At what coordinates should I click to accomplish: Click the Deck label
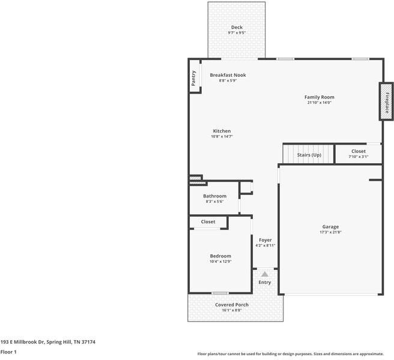237,28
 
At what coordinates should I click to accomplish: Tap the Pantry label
194,79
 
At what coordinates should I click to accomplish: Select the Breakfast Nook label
228,75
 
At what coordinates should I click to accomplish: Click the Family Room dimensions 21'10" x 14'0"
319,103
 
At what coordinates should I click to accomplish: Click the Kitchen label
222,131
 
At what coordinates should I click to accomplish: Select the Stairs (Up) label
309,155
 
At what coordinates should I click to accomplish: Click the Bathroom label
214,196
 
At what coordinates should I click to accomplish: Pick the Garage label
330,227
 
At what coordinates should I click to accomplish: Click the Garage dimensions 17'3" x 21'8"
330,232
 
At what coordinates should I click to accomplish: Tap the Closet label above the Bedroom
208,222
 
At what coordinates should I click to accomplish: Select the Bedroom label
220,256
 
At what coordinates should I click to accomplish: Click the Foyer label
265,240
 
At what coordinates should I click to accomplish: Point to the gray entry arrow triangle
265,274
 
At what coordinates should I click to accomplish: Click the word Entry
265,283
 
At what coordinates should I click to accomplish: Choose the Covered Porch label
232,305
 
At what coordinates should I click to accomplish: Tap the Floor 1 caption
8,352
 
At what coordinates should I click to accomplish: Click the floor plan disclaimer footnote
294,354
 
